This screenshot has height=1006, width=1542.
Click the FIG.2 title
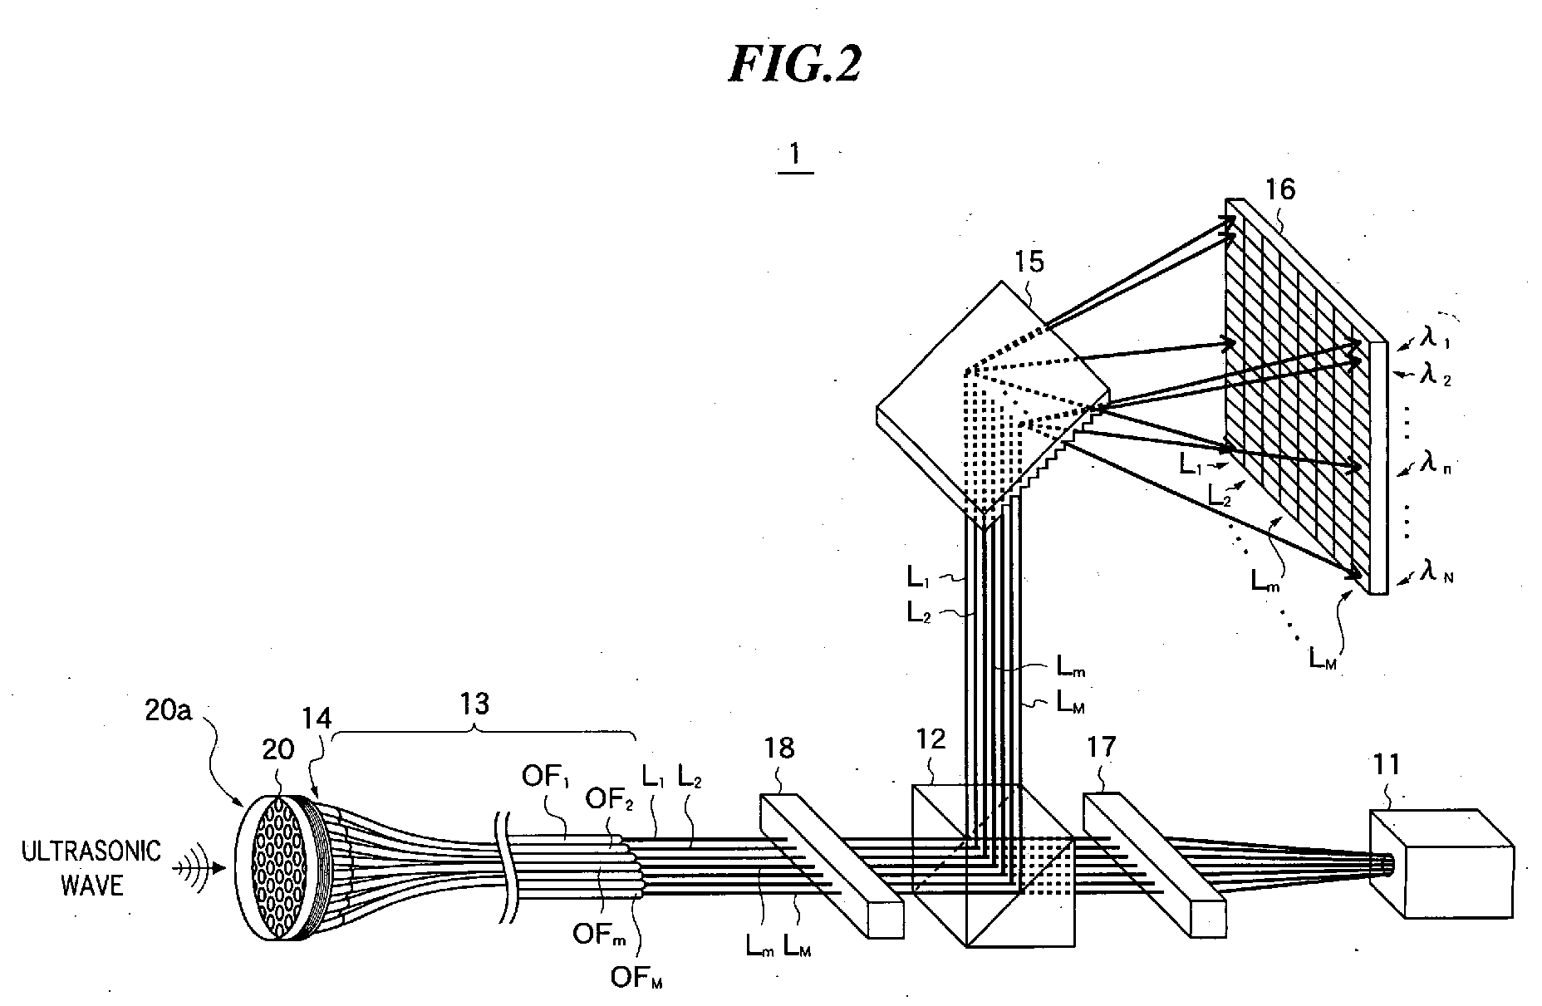tap(793, 63)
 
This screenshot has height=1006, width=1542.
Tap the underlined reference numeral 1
tap(795, 156)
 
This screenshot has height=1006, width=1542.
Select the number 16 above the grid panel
tap(1279, 190)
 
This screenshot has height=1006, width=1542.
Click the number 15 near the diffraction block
tap(1029, 263)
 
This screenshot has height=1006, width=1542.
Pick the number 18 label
tap(778, 748)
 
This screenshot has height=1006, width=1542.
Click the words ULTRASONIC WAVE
tap(93, 868)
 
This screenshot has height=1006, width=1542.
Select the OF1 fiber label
tap(543, 778)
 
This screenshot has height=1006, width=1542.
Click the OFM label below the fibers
tap(636, 979)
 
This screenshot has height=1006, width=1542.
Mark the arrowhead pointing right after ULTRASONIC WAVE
tap(217, 869)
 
